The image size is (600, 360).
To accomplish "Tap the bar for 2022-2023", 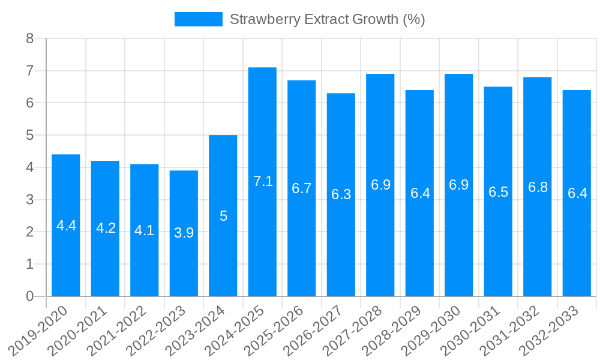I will [x=184, y=264].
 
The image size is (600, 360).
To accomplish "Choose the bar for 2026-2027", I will [x=341, y=252].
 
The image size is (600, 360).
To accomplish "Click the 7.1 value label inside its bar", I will [x=263, y=181].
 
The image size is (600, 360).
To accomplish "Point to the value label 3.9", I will [x=184, y=233].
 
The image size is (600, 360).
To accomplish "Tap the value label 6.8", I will [x=538, y=187].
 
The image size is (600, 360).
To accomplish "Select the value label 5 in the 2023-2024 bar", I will [x=223, y=216].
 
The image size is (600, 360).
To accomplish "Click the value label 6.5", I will [x=498, y=192].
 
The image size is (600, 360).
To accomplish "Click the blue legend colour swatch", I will [x=198, y=19].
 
